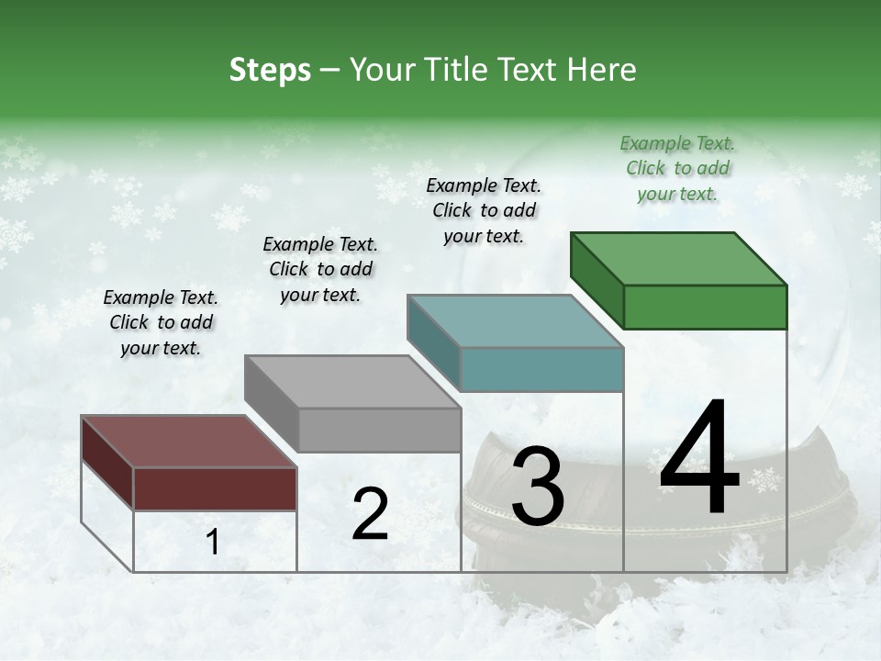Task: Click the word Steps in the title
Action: [270, 70]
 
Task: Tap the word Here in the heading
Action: [602, 70]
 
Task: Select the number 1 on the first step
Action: [213, 543]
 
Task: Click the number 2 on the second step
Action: [370, 514]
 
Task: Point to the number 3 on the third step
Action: [538, 487]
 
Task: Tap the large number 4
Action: [699, 459]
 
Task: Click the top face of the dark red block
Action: [188, 442]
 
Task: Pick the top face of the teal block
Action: [515, 321]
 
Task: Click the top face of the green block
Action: [678, 259]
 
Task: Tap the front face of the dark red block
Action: [215, 488]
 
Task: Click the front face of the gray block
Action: [379, 430]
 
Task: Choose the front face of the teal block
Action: [541, 369]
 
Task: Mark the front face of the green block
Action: [705, 307]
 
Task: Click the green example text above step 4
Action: [677, 168]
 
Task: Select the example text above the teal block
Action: [484, 210]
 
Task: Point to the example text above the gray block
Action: [320, 269]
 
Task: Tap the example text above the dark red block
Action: [161, 322]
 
